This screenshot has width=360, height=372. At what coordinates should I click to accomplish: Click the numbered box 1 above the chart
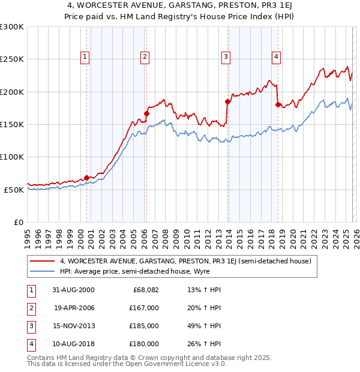[x=85, y=57]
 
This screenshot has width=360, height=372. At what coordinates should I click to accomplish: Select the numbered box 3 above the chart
[x=226, y=57]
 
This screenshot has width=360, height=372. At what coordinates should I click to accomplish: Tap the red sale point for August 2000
[x=87, y=178]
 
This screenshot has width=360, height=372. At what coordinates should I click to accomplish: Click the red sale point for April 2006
[x=147, y=113]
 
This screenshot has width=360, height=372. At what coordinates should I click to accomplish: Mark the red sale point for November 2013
[x=228, y=101]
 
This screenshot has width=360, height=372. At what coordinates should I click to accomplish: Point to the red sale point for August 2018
[x=278, y=104]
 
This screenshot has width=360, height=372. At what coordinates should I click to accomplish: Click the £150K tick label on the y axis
[x=12, y=124]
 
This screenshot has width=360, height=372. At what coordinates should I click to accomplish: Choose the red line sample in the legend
[x=43, y=262]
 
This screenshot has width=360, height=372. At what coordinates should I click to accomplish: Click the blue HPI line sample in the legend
[x=43, y=272]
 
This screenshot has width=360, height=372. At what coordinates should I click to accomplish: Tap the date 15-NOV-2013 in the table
[x=74, y=326]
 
